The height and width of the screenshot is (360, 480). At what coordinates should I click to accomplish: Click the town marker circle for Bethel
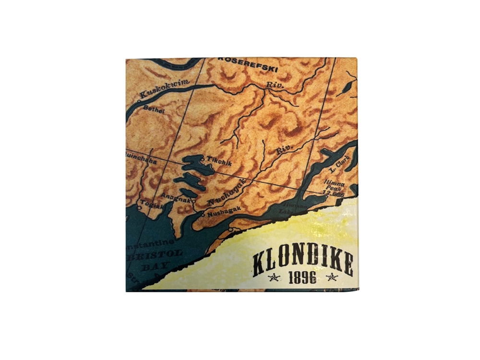(x=138, y=102)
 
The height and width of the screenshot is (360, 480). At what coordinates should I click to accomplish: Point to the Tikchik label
(x=218, y=163)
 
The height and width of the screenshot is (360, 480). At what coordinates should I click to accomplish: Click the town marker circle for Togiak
(x=139, y=208)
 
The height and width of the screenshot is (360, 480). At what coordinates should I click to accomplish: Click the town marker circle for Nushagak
(x=203, y=215)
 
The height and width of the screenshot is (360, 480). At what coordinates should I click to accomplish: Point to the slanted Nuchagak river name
(x=226, y=192)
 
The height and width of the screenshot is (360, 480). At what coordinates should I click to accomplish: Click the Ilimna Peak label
(x=333, y=186)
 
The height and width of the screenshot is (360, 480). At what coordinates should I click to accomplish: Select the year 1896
(x=302, y=277)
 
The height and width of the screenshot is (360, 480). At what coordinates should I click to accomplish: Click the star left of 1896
(x=274, y=277)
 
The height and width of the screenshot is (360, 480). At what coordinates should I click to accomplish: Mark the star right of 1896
(x=332, y=277)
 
